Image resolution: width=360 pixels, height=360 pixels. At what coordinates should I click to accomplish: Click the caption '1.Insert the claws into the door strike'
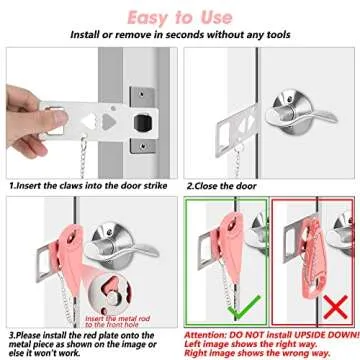tap(88, 186)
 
